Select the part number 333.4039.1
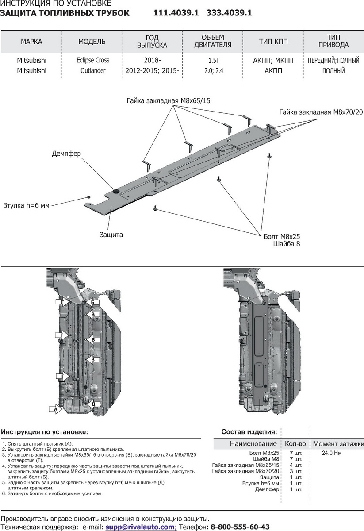229,13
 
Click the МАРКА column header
31,42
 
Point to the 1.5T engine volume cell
213,60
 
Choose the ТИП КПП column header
273,42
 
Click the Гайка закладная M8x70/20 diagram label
318,112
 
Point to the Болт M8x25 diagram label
281,236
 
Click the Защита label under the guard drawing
111,234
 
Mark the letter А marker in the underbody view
55,409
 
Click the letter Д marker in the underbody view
93,404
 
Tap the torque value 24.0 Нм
332,453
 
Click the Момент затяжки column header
338,443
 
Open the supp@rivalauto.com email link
140,527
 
